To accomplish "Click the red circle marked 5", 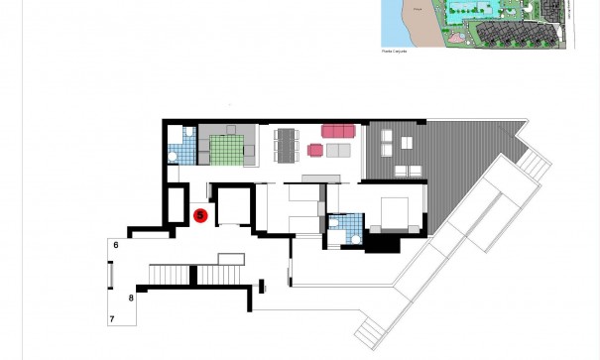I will (199, 214).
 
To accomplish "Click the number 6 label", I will (116, 244).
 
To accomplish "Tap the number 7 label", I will (112, 318).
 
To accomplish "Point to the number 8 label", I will (131, 297).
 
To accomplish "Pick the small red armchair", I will (316, 150).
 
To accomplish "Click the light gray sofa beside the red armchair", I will (339, 151).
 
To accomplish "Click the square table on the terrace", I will (406, 143).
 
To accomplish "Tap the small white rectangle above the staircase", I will (230, 258).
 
